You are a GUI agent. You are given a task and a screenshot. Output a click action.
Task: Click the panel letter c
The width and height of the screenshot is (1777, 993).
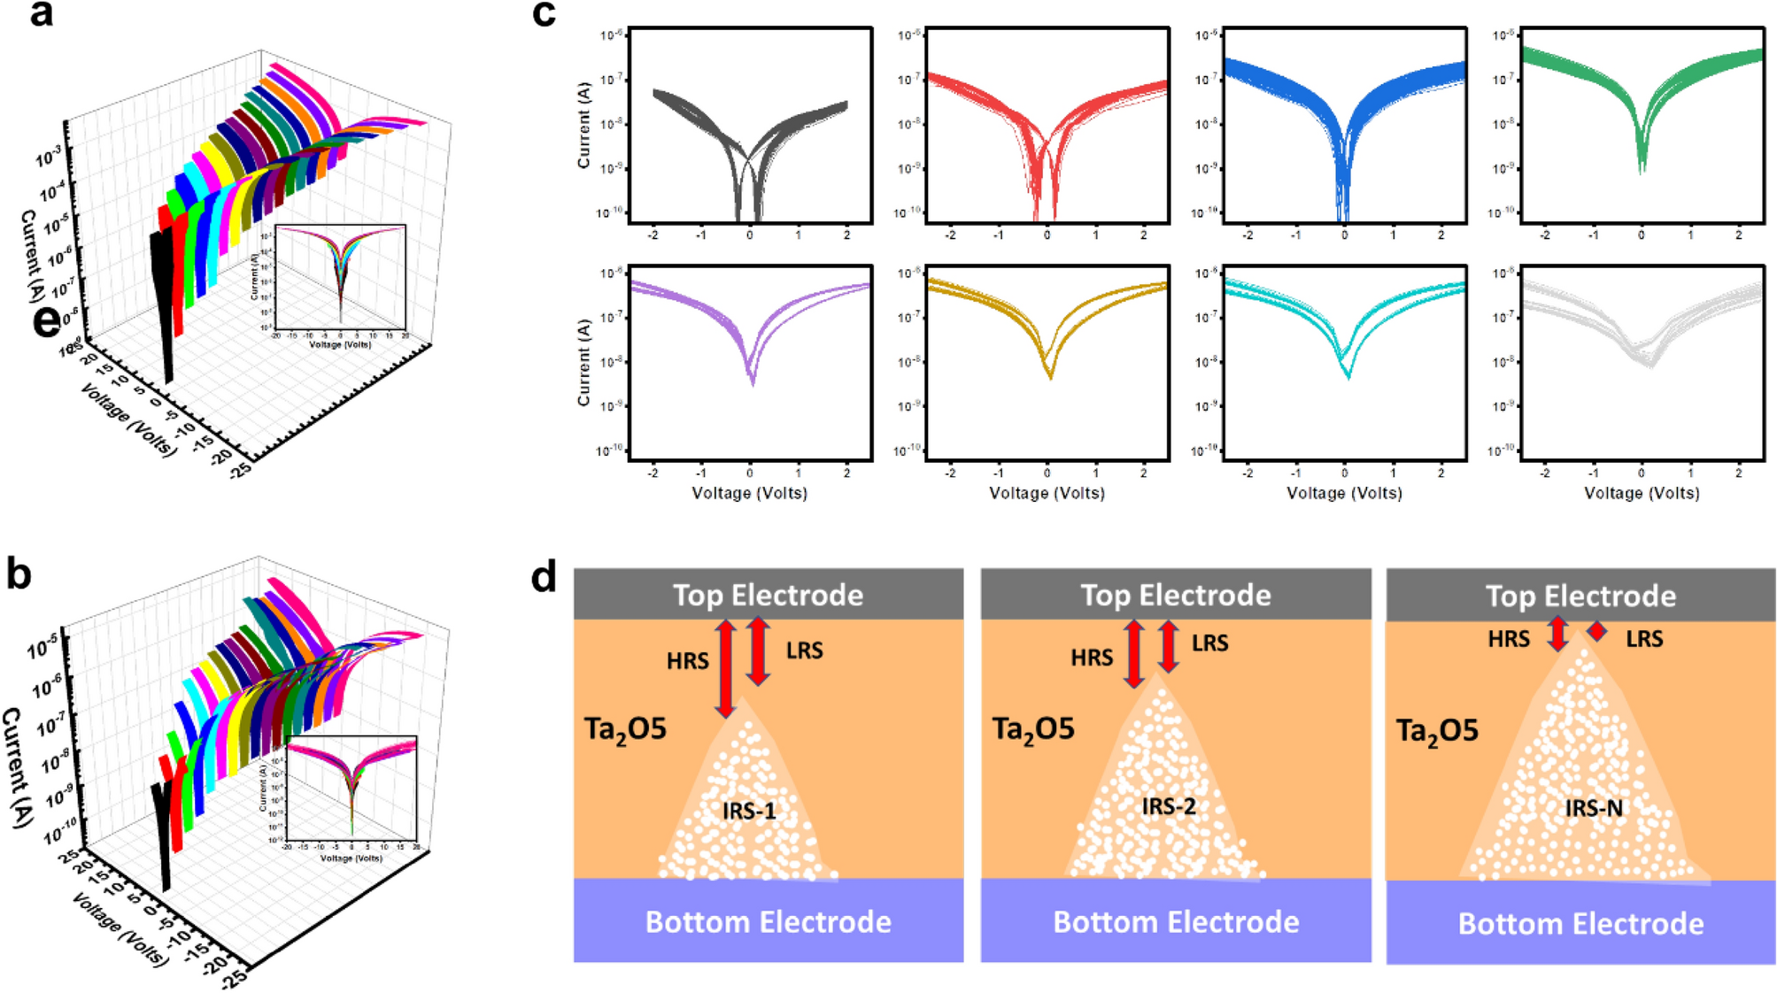(x=544, y=15)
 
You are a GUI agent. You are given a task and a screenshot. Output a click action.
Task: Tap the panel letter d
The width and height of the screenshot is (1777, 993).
(x=544, y=578)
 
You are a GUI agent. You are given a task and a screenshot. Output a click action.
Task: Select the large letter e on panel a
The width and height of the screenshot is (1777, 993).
(x=46, y=321)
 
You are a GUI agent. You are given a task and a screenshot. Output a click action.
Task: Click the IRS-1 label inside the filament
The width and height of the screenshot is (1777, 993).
(x=749, y=811)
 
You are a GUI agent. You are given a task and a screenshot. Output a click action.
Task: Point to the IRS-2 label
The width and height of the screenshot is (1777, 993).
(x=1169, y=806)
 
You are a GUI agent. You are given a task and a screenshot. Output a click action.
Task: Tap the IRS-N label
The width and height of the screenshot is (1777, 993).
(x=1594, y=808)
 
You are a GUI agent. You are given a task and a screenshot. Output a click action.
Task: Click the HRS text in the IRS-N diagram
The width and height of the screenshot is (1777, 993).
(x=1509, y=639)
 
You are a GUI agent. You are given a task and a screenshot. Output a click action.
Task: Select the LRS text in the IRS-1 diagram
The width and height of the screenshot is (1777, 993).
(x=804, y=650)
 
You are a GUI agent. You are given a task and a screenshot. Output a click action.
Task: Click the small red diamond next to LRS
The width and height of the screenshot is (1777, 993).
(x=1596, y=631)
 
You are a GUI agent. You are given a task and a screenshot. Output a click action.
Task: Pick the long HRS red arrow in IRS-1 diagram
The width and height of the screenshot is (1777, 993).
(x=725, y=668)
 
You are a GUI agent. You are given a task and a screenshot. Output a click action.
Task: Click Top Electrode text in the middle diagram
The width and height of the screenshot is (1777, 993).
(x=1176, y=595)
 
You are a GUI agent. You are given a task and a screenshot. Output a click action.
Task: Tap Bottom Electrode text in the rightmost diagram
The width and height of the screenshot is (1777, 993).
(x=1580, y=924)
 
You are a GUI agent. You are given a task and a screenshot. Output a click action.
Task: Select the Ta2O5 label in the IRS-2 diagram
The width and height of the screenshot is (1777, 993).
(x=1032, y=729)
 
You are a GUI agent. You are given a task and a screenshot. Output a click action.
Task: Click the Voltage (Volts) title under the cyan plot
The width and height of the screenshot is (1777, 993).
(x=1344, y=493)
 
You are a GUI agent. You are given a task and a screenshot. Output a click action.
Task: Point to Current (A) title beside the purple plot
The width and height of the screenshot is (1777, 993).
(x=583, y=363)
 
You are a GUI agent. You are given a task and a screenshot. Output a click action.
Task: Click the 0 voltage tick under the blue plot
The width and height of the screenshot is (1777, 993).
(x=1344, y=235)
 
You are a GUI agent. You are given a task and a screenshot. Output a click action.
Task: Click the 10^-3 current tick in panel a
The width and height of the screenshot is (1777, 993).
(x=49, y=158)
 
